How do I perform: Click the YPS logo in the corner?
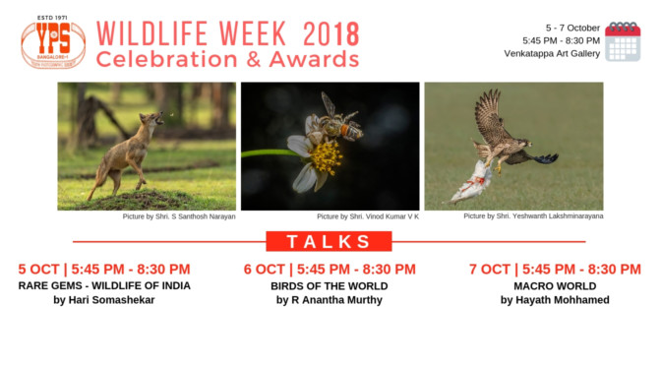coord(52,43)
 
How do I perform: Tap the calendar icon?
coord(622,42)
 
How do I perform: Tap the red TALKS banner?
coord(330,242)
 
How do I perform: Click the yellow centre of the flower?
coord(326,156)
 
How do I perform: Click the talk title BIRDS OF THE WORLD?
coord(329,285)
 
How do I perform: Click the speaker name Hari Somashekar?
coord(104,300)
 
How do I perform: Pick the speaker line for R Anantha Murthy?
coord(330,300)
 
